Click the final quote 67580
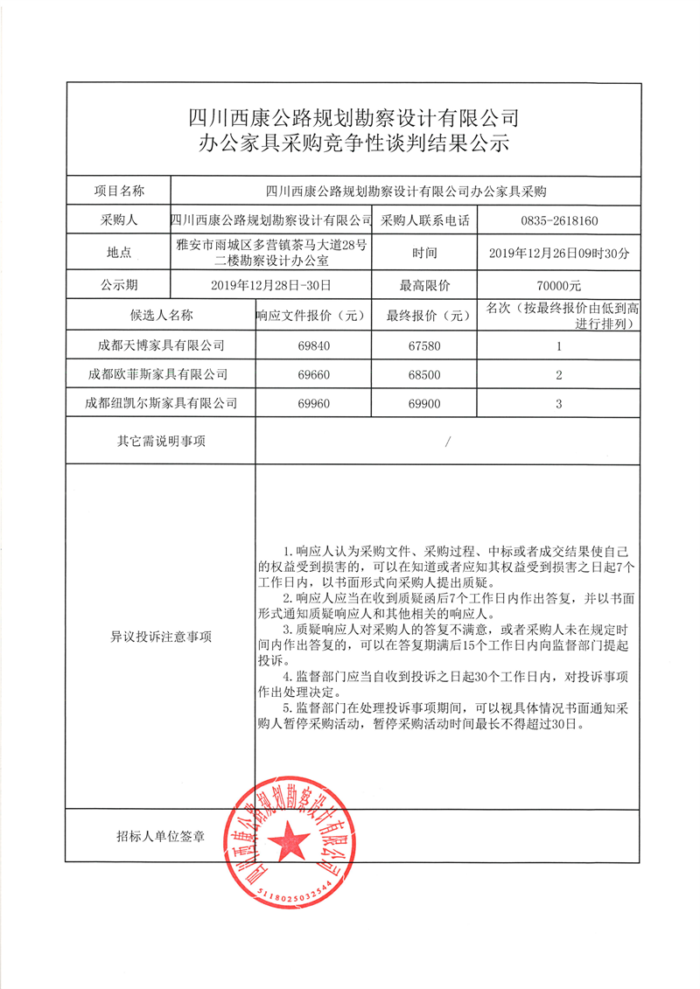[x=425, y=345]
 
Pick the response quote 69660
[x=314, y=374]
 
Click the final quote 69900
[x=425, y=403]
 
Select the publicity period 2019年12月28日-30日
[x=270, y=284]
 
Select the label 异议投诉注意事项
[x=161, y=637]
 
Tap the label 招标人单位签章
[x=161, y=837]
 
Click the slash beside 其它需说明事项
[x=447, y=442]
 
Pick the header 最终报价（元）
[x=425, y=315]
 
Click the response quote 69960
[x=314, y=403]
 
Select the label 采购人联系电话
[x=425, y=221]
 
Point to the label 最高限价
[x=425, y=284]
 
